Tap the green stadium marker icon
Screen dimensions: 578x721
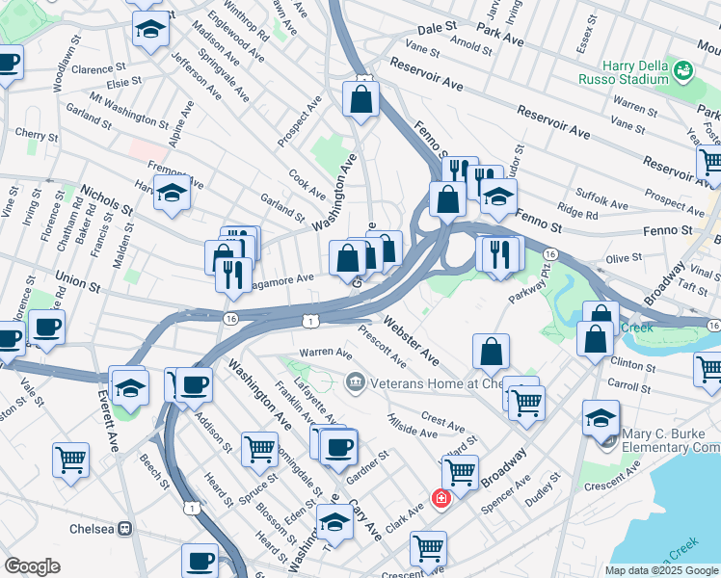pos(683,69)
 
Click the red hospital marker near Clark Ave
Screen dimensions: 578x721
pos(441,498)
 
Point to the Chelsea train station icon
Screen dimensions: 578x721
pos(123,529)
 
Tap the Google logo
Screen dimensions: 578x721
pos(32,565)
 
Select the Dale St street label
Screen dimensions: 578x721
pos(436,30)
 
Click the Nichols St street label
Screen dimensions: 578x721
pos(106,199)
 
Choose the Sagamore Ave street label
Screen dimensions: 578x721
pos(281,279)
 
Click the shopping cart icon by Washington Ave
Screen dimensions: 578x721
pos(260,448)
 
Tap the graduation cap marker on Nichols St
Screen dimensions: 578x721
pos(172,194)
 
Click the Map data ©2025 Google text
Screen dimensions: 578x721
pos(660,569)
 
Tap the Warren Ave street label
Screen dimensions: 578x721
pos(326,353)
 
